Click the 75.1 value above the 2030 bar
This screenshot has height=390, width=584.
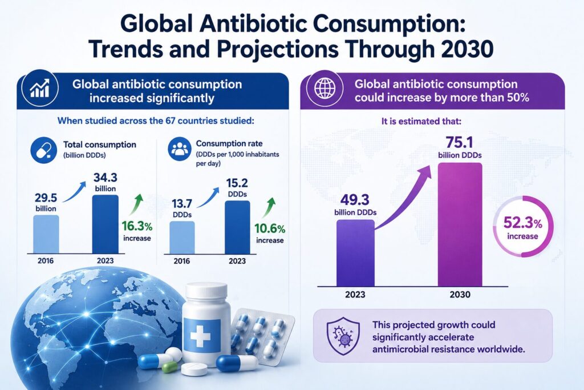(x=459, y=143)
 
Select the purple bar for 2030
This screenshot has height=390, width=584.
(x=460, y=224)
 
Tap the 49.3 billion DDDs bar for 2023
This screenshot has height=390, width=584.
(x=355, y=253)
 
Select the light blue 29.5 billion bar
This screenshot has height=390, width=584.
(x=46, y=234)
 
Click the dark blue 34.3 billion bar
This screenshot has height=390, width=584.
(x=106, y=224)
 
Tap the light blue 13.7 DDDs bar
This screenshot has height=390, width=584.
(x=182, y=238)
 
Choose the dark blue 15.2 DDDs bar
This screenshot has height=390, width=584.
(x=237, y=227)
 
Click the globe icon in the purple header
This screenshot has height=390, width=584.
(x=325, y=89)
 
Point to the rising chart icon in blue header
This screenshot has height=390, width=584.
(x=40, y=89)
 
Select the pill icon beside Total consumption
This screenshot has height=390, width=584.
(x=43, y=150)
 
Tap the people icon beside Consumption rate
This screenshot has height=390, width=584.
(x=180, y=149)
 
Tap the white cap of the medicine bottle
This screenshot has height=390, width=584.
(x=206, y=291)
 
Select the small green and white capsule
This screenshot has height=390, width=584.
(x=170, y=367)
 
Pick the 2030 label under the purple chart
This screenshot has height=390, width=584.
(x=460, y=295)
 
